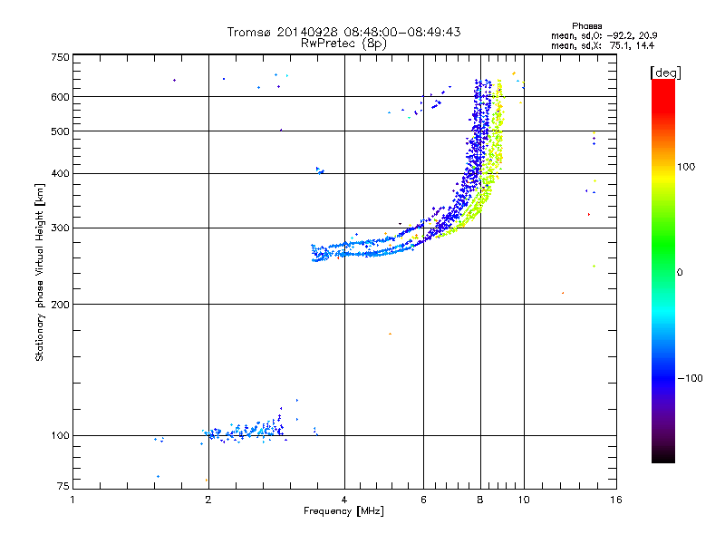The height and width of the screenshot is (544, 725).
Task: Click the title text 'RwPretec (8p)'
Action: (343, 43)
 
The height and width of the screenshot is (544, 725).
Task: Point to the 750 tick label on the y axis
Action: (60, 57)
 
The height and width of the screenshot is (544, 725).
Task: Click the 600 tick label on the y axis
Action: (60, 97)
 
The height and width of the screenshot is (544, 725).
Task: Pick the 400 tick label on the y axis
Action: (60, 173)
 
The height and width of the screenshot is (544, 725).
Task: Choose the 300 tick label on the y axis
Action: (60, 228)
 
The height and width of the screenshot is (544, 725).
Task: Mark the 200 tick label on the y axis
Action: (60, 304)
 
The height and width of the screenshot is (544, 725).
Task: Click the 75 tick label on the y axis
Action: (63, 486)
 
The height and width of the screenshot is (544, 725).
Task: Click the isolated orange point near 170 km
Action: (390, 334)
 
